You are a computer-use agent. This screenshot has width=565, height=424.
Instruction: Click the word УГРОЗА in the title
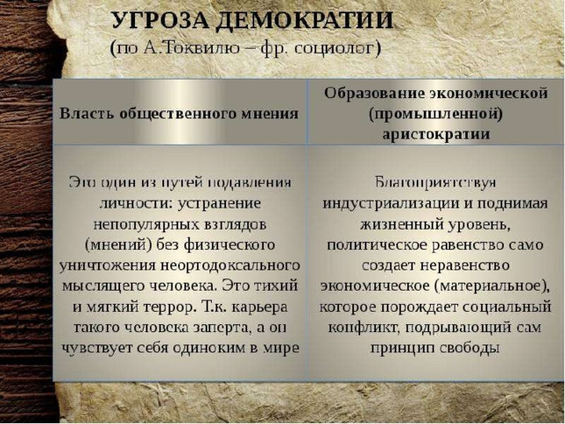[x=160, y=20]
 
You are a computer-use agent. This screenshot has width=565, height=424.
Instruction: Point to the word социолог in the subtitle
[x=337, y=49]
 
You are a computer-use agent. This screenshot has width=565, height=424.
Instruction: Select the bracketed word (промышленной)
[x=435, y=114]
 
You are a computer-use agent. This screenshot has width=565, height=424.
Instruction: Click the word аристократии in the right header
[x=436, y=134]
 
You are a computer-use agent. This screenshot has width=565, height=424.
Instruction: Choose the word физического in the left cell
[x=230, y=246]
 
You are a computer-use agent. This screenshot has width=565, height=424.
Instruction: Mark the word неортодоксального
[x=230, y=266]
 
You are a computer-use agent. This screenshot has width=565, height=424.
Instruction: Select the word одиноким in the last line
[x=213, y=348]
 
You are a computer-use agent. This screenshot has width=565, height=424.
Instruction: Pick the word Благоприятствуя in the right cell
[x=435, y=183]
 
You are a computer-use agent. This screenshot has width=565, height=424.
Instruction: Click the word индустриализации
[x=390, y=204]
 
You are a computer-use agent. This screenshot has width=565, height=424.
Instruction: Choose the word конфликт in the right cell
[x=363, y=328]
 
